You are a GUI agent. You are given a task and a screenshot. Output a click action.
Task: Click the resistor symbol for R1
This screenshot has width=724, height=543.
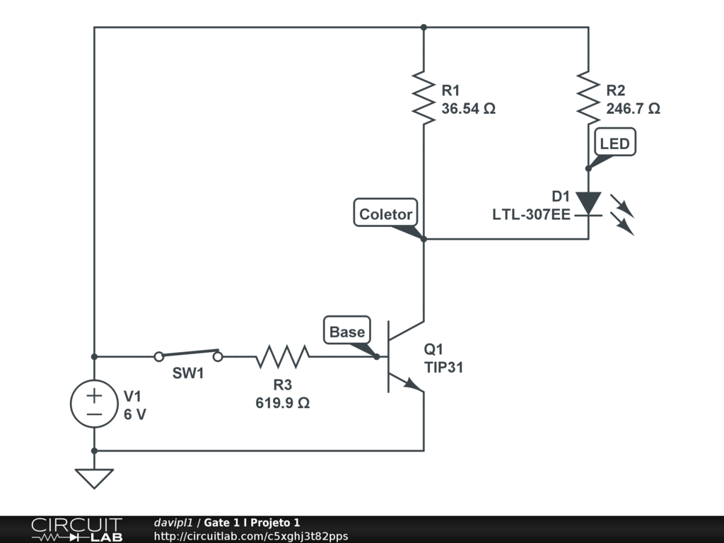click(424, 98)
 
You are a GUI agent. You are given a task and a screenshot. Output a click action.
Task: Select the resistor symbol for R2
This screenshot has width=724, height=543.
click(588, 98)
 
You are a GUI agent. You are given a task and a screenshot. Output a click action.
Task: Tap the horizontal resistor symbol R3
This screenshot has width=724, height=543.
click(282, 356)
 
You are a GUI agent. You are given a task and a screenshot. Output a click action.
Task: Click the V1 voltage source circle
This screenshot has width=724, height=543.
click(94, 404)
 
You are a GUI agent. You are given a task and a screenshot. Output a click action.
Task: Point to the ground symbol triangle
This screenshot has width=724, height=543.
click(94, 478)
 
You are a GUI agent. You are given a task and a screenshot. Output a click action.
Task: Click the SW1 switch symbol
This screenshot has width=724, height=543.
click(188, 355)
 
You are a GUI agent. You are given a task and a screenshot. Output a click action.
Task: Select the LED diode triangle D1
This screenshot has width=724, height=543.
click(588, 202)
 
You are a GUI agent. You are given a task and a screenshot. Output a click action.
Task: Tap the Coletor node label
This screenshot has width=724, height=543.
click(385, 214)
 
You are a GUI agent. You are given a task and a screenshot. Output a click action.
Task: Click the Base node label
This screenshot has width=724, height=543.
click(347, 331)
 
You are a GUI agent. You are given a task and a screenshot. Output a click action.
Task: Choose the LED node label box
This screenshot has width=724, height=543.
click(614, 144)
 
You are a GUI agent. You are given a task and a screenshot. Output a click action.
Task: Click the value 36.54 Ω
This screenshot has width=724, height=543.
click(468, 109)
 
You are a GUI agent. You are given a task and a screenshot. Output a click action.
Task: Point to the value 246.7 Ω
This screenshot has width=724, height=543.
click(633, 109)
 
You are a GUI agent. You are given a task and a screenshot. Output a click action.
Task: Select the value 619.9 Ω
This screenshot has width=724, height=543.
click(282, 403)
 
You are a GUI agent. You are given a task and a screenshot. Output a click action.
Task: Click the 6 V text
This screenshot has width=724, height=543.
click(135, 414)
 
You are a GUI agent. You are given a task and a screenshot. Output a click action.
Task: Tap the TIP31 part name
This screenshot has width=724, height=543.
click(444, 368)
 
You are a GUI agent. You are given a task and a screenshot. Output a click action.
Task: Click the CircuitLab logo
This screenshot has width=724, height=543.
click(76, 530)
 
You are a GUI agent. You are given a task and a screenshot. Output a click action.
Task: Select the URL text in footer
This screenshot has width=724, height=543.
click(250, 536)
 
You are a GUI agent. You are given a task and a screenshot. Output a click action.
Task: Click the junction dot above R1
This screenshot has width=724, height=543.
click(424, 28)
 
